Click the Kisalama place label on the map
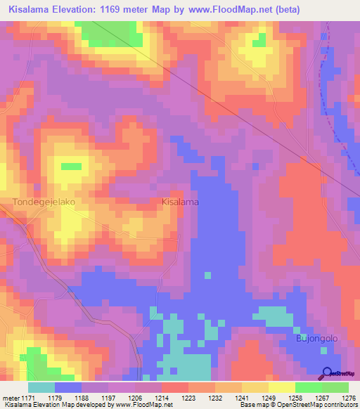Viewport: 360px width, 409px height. coord(180,202)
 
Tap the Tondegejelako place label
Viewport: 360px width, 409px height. coord(44,202)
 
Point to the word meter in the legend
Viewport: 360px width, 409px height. coord(11,398)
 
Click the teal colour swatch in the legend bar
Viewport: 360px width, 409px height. coord(41,387)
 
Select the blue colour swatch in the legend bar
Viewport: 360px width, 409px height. coord(68,387)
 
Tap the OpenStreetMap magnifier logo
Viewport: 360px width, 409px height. coord(328,373)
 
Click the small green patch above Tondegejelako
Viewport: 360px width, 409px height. coord(71,167)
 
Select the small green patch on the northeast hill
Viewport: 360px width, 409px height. coord(259,40)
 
